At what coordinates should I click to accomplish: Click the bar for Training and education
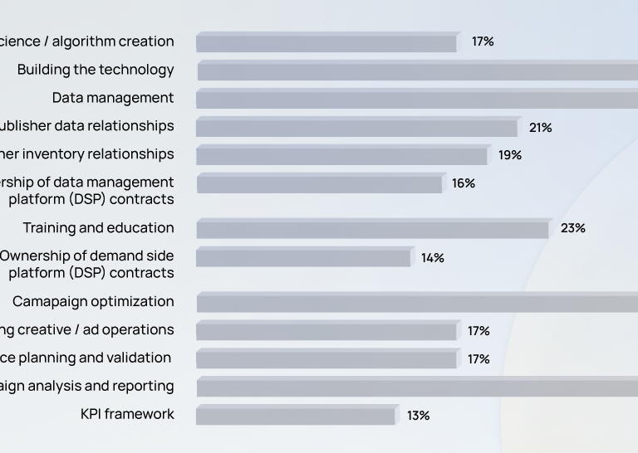point(372,229)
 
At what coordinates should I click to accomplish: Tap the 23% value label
point(572,228)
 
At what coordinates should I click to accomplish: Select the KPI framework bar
point(296,416)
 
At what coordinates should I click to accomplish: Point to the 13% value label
point(418,416)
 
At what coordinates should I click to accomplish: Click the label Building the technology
point(96,70)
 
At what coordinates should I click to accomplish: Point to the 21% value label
point(540,128)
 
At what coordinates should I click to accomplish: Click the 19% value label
point(510,155)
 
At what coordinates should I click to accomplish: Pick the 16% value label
point(464,183)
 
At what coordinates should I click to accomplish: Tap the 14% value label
point(432,258)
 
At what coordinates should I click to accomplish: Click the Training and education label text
point(98,228)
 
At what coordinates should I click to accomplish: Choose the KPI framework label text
point(127,414)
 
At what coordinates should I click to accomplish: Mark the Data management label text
point(113,98)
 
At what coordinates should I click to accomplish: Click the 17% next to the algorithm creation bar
point(483,41)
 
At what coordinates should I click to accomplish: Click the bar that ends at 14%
point(303,258)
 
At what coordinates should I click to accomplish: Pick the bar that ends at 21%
point(356,128)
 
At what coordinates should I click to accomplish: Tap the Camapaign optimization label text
point(93,302)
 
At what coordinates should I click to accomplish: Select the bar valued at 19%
point(341,156)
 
